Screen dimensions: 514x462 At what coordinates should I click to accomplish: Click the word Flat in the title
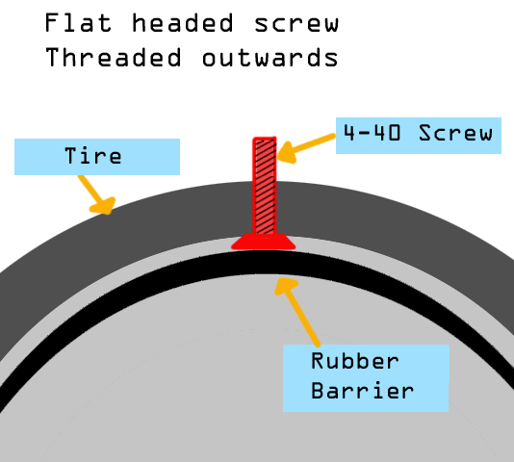pyautogui.click(x=78, y=23)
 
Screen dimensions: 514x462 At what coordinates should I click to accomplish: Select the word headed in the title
pyautogui.click(x=183, y=23)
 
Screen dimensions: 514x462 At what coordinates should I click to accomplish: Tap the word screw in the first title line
pyautogui.click(x=296, y=24)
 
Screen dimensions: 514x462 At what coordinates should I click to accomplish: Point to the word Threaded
pyautogui.click(x=113, y=57)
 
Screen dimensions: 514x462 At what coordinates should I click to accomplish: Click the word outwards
pyautogui.click(x=270, y=58)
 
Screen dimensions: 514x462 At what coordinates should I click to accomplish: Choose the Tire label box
pyautogui.click(x=97, y=157)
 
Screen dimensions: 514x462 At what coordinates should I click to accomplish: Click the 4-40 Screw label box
pyautogui.click(x=419, y=136)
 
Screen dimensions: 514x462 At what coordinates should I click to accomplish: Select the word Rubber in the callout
pyautogui.click(x=355, y=361)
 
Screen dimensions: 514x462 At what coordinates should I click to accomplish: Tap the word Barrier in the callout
pyautogui.click(x=363, y=391)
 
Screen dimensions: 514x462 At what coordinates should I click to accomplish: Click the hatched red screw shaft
pyautogui.click(x=265, y=186)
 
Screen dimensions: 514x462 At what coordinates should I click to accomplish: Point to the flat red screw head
pyautogui.click(x=264, y=242)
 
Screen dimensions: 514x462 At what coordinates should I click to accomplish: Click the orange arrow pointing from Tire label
pyautogui.click(x=96, y=195)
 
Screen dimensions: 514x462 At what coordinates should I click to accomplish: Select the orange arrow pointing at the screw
pyautogui.click(x=306, y=148)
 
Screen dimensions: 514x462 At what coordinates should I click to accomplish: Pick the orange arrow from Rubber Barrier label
pyautogui.click(x=297, y=312)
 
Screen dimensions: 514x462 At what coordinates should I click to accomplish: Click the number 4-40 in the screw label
pyautogui.click(x=372, y=133)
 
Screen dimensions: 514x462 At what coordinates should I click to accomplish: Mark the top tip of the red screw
pyautogui.click(x=265, y=138)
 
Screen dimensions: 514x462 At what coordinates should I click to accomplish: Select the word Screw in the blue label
pyautogui.click(x=455, y=133)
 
